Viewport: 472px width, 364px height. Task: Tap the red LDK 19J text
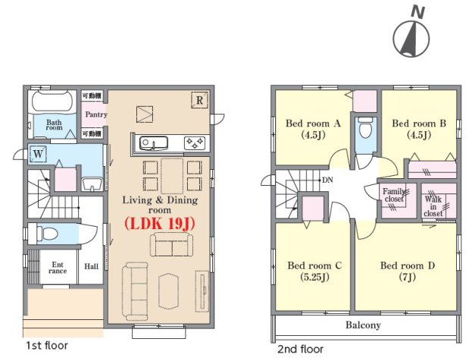pos(160,224)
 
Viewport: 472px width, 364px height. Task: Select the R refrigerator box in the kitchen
pos(199,100)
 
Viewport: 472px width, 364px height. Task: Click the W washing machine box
pos(38,154)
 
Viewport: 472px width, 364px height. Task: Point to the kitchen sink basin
pos(154,143)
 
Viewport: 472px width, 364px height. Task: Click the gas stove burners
pos(195,143)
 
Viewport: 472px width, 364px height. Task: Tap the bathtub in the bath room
pos(52,102)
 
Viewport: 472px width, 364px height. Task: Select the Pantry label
pos(96,115)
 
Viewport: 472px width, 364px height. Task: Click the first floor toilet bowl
pos(48,234)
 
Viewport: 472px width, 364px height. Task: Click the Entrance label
pos(58,268)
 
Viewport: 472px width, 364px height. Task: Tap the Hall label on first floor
pos(91,266)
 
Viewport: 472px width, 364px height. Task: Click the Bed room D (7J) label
pos(408,271)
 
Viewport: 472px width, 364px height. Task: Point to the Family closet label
pos(394,195)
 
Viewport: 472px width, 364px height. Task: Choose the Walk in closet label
pos(433,206)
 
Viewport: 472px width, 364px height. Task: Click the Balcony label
pos(363,325)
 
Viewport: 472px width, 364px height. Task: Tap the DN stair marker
pos(327,180)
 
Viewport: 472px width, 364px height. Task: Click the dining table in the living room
pos(172,176)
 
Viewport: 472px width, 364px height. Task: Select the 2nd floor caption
pos(300,349)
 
